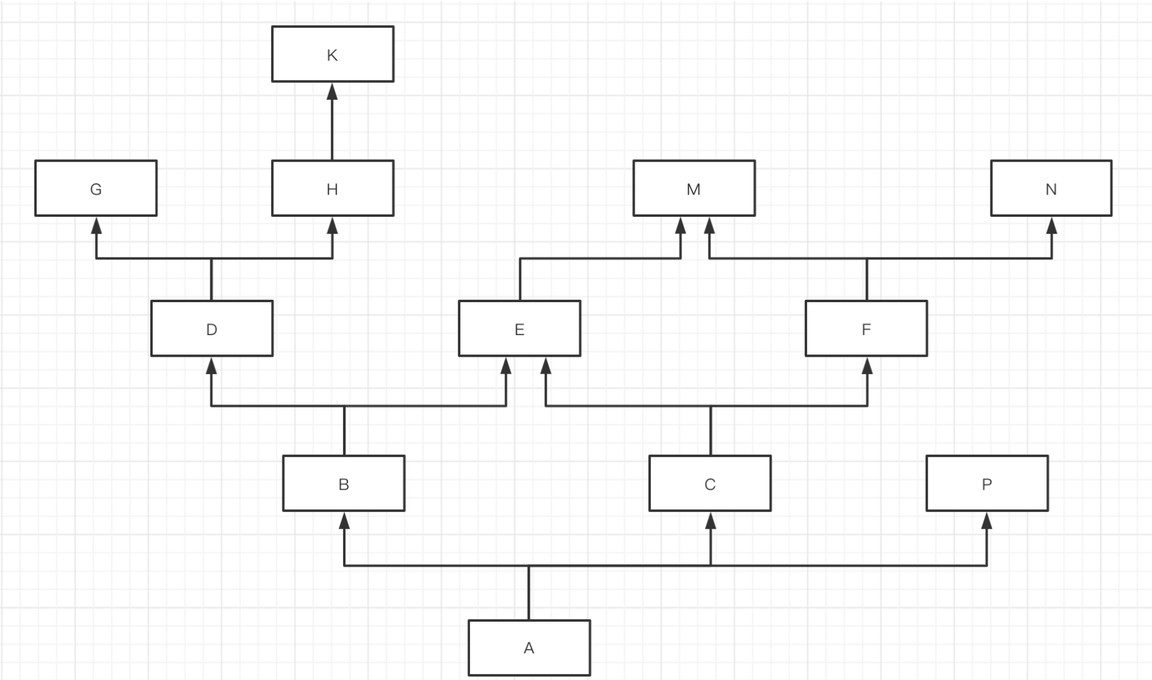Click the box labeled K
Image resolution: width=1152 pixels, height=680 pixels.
pos(332,54)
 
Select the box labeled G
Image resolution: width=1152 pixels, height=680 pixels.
pos(96,188)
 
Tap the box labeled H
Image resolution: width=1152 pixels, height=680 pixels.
pos(332,188)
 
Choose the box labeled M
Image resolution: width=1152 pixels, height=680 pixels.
pos(693,188)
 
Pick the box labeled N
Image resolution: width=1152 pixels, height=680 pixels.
pos(1051,188)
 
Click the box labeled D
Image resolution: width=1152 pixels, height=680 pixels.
pos(212,329)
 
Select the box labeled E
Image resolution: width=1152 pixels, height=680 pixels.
pos(519,329)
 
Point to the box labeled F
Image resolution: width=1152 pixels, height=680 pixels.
pos(866,329)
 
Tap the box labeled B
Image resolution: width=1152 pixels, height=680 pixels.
pos(344,484)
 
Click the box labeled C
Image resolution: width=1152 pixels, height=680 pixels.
pos(710,484)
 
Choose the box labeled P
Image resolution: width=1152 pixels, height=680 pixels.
pos(987,484)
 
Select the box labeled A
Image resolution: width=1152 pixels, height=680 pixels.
pos(529,648)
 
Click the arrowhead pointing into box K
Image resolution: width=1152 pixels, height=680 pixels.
pos(332,91)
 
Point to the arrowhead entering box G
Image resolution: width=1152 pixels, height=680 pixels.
pos(96,226)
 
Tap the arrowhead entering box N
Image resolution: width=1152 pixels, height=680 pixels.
pos(1052,226)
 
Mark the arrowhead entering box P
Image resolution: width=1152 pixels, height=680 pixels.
pos(987,521)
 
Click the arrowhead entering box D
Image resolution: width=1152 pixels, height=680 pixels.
pos(212,366)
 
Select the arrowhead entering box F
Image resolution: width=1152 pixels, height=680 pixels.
pos(867,366)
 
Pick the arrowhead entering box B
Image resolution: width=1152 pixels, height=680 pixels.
pos(344,521)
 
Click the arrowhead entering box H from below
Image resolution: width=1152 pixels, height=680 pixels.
pos(332,226)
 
